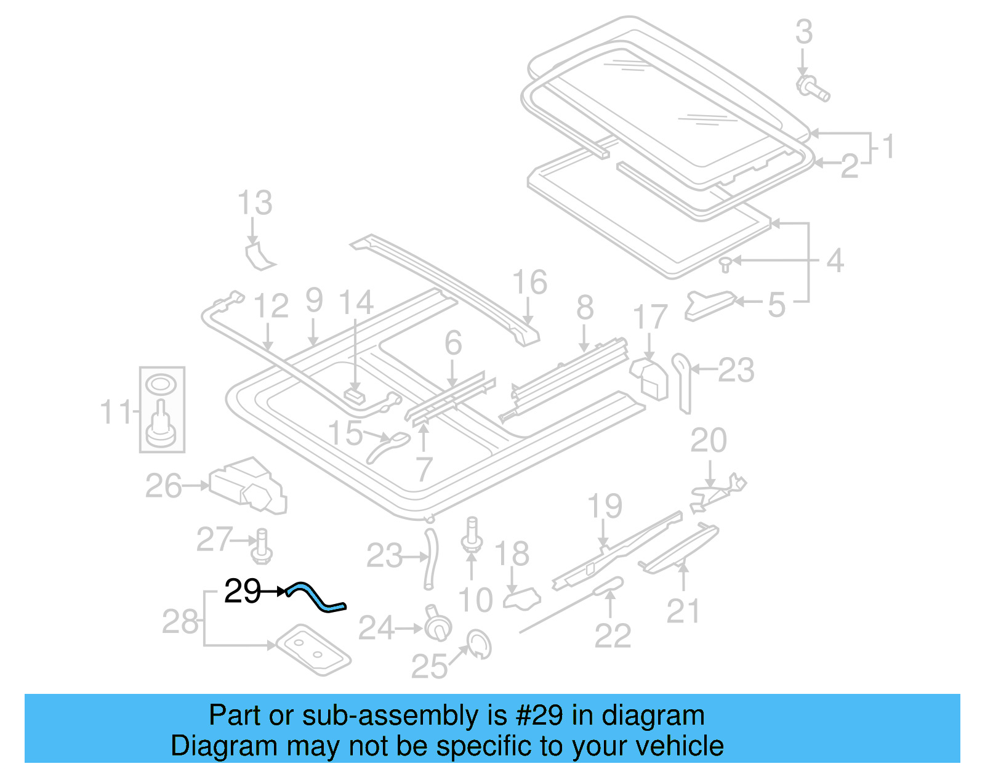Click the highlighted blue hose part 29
point(317,597)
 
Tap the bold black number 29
point(243,592)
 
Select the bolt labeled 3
point(812,88)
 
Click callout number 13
point(255,203)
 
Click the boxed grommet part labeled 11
point(161,409)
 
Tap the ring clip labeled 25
point(480,644)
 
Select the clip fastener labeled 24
point(436,624)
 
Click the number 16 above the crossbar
point(529,282)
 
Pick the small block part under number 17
point(649,377)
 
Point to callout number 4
point(834,261)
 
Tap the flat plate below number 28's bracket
point(313,650)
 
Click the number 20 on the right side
point(708,440)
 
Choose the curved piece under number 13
point(259,256)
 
